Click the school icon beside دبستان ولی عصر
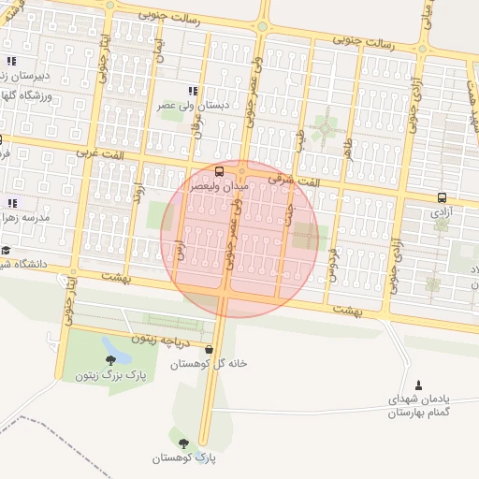[192, 91]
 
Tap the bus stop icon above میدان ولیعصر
[219, 170]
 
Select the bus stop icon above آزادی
[441, 196]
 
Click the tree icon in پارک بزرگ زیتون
[110, 359]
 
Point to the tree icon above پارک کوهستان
[183, 442]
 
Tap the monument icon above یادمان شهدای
[417, 384]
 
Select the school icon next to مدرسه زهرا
[12, 202]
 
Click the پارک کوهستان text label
[183, 458]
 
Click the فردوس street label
[331, 266]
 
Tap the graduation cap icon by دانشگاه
[6, 250]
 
